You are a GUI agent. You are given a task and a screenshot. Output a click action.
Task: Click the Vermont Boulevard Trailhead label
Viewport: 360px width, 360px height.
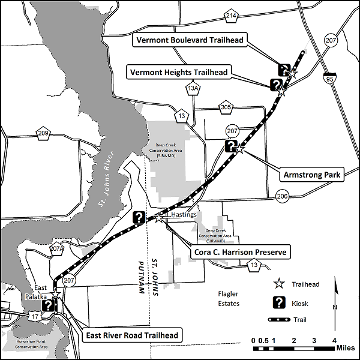[189, 40]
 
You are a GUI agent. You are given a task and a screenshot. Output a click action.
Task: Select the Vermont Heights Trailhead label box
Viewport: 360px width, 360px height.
[178, 72]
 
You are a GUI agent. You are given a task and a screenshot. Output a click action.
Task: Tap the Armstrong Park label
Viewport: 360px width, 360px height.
[310, 175]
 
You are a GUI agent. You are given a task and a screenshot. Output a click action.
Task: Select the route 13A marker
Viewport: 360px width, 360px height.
[193, 89]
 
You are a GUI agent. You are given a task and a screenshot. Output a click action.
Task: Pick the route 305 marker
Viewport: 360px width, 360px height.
[226, 107]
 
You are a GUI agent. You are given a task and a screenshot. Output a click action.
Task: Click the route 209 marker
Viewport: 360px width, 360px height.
[43, 133]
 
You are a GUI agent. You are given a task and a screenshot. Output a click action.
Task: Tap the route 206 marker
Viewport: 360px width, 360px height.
[283, 196]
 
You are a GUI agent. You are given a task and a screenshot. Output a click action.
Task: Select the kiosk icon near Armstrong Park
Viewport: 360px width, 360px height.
[230, 145]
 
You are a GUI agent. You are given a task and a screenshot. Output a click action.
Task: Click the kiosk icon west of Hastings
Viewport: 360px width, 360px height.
[139, 217]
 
